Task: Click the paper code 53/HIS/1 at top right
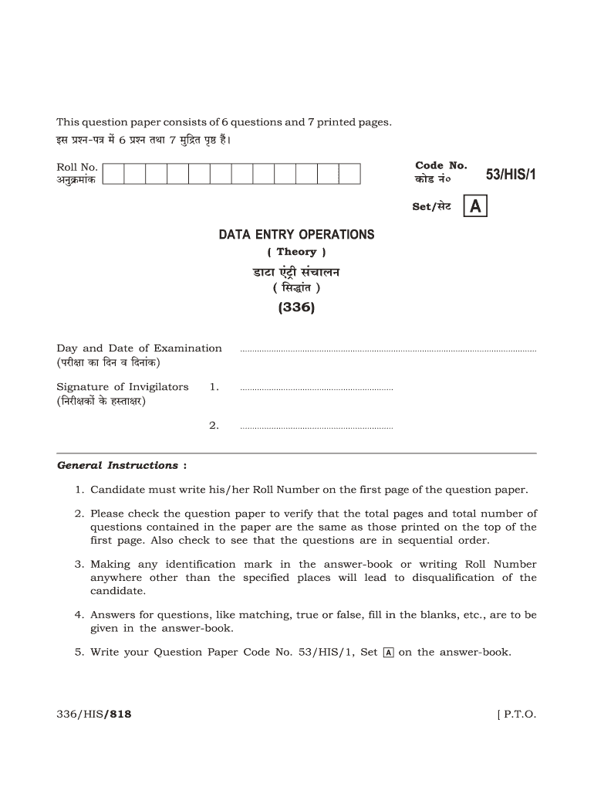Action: (x=511, y=175)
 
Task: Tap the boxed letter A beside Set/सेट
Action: (x=476, y=207)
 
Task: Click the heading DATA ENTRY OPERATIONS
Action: (x=296, y=235)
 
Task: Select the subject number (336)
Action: (x=296, y=308)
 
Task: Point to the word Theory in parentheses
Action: (x=296, y=252)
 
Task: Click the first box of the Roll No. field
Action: (x=113, y=174)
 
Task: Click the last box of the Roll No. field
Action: (x=349, y=174)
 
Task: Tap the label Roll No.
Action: (x=77, y=167)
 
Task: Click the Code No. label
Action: (x=441, y=165)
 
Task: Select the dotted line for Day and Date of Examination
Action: (x=388, y=351)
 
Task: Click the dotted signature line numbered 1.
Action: (x=316, y=389)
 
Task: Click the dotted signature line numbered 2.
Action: (x=316, y=427)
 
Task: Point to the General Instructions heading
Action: (x=118, y=466)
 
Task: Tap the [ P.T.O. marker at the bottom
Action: (x=516, y=715)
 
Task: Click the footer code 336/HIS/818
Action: (x=94, y=715)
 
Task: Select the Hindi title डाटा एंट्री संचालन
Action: (x=296, y=272)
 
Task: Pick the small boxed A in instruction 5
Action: (x=388, y=653)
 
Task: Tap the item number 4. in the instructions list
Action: (x=79, y=615)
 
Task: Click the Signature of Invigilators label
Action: (x=123, y=387)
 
